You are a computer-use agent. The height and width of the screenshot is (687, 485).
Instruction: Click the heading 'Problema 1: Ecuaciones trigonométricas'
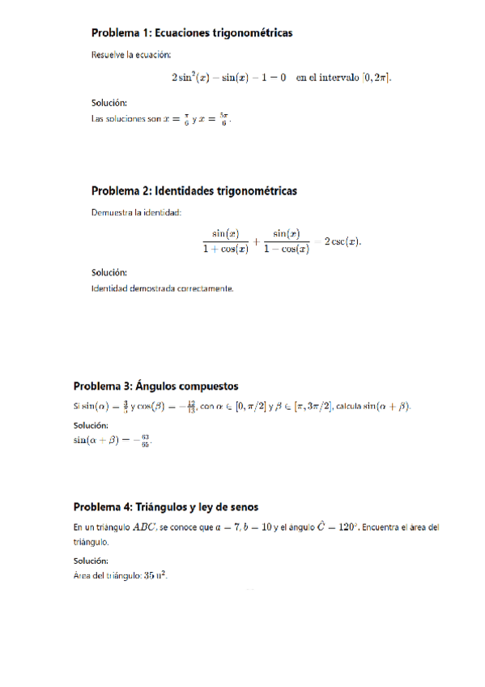point(191,33)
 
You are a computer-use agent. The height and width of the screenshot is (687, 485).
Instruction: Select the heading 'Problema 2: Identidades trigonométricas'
point(194,191)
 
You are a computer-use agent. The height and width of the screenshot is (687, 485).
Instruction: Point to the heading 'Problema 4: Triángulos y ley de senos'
point(166,507)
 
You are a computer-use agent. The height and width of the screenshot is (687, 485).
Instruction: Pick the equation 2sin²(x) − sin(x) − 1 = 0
point(228,78)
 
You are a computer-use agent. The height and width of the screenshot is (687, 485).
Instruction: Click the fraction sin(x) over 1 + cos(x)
point(225,241)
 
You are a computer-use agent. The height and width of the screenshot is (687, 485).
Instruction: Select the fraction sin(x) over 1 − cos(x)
point(287,241)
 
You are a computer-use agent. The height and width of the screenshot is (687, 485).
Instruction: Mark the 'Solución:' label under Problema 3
point(91,425)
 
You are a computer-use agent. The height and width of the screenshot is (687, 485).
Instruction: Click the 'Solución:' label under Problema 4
point(91,561)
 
